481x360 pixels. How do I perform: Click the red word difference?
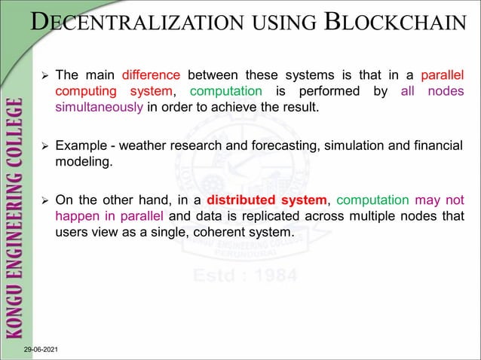click(x=150, y=75)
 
